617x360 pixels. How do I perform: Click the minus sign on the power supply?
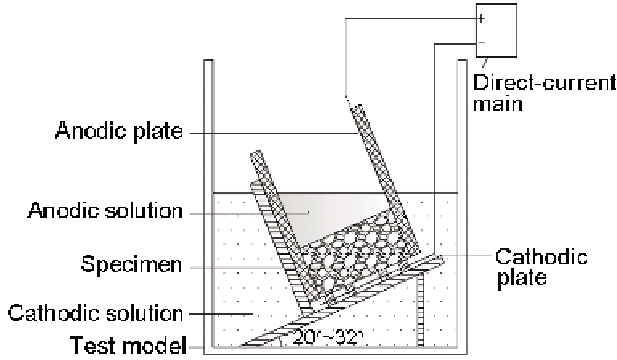pyautogui.click(x=482, y=41)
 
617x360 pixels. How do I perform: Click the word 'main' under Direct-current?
pyautogui.click(x=498, y=105)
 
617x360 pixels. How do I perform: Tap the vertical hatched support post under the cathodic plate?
pyautogui.click(x=420, y=309)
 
